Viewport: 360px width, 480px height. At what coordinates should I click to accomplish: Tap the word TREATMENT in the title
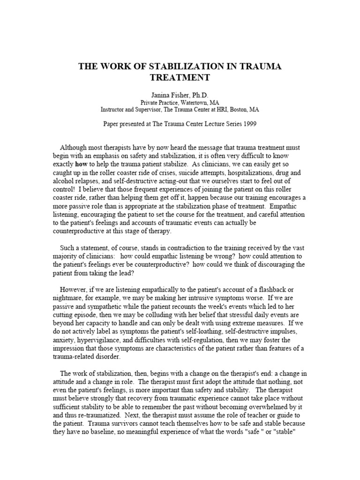(180, 77)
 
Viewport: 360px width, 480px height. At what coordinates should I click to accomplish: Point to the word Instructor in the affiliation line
(115, 109)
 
